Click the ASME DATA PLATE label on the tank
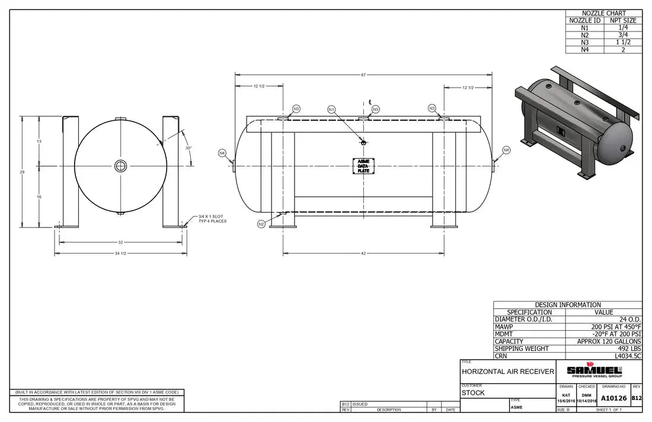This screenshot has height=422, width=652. click(x=363, y=165)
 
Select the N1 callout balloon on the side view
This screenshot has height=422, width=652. click(x=332, y=109)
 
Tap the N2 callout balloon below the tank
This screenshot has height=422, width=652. click(x=261, y=223)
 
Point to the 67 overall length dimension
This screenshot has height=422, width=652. click(x=363, y=75)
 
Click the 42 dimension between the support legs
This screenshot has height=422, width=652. click(x=363, y=253)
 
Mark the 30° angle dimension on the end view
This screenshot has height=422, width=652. click(x=188, y=148)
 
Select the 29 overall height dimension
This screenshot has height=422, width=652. click(x=23, y=171)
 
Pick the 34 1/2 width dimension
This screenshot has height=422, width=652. click(x=121, y=253)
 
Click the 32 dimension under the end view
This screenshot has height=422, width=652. click(x=121, y=242)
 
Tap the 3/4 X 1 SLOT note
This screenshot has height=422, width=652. click(x=212, y=219)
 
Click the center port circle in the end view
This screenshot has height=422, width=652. click(x=121, y=165)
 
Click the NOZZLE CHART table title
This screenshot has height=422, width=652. click(x=603, y=13)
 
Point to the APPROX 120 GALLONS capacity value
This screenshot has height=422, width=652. click(x=609, y=341)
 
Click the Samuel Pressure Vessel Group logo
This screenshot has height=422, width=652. click(x=595, y=370)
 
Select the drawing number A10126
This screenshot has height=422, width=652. click(x=613, y=398)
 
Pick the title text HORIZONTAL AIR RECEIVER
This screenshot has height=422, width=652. click(x=508, y=372)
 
